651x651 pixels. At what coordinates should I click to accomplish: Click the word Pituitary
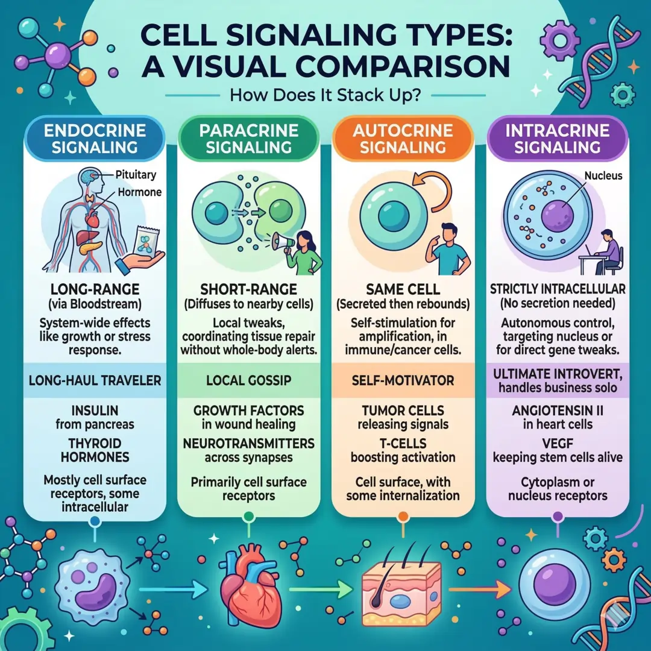coord(136,175)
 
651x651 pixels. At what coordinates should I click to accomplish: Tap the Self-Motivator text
coord(403,380)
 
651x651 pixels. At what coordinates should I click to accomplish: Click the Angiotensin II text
coord(558,410)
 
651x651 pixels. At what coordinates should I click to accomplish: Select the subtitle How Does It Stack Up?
coord(326,95)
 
